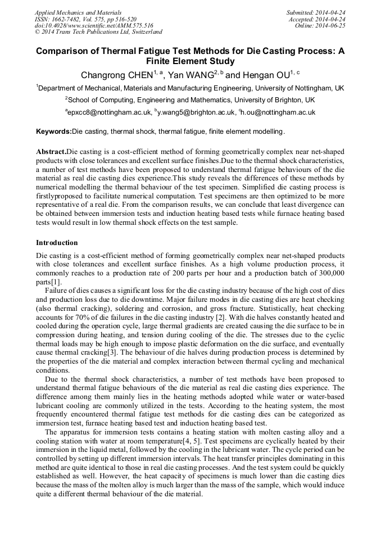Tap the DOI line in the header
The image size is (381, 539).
tap(94, 25)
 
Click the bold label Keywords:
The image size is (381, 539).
tap(54, 132)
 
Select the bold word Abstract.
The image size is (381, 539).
tap(51, 152)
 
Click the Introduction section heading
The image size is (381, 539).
tap(57, 243)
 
